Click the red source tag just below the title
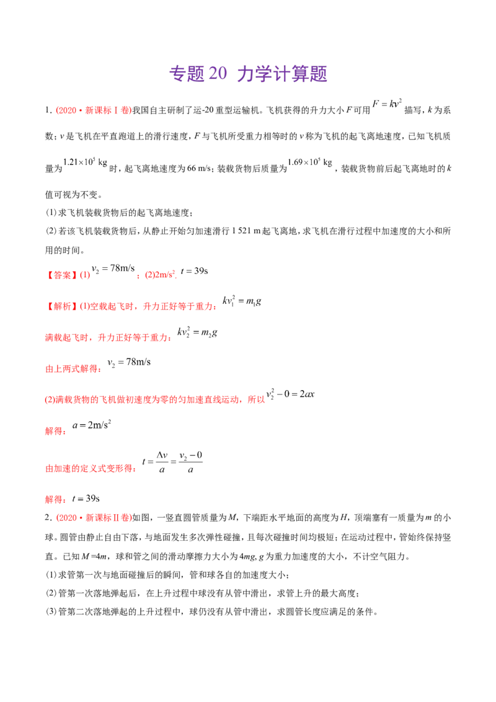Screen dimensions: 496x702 (x=94, y=111)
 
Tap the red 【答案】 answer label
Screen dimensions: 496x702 (x=60, y=273)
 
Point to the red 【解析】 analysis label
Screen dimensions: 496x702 (x=60, y=306)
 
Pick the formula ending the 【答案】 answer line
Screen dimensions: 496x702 (x=194, y=271)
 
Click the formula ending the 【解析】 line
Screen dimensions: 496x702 (x=242, y=303)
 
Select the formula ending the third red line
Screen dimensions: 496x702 (x=197, y=335)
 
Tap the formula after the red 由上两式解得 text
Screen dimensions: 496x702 (x=128, y=362)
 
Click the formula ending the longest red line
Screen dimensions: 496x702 (x=291, y=395)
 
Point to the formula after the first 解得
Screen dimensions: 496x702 (x=92, y=426)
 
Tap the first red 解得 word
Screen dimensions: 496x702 (x=55, y=430)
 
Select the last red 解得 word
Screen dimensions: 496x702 (x=55, y=499)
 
